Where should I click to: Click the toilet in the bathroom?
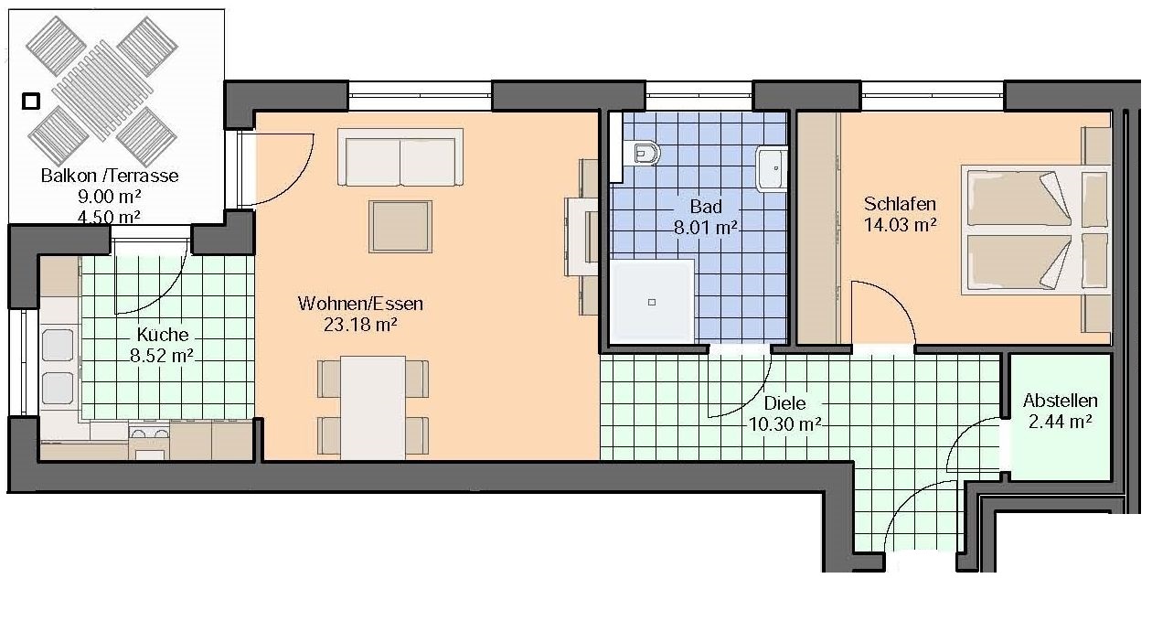(x=643, y=153)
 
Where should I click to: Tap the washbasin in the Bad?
(x=772, y=169)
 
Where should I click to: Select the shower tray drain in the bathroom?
(x=652, y=302)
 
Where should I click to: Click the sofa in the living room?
(x=400, y=157)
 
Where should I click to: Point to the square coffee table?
(x=400, y=227)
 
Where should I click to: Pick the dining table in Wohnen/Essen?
(x=373, y=407)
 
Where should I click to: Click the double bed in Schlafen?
(x=1036, y=230)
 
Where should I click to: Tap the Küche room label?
(x=163, y=335)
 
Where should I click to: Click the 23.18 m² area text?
(x=360, y=325)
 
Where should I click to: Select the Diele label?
(x=784, y=402)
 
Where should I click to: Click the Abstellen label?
(x=1060, y=401)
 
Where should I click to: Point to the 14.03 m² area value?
(x=900, y=225)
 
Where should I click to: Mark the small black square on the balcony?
(x=31, y=102)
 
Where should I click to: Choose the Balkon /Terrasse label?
(x=110, y=176)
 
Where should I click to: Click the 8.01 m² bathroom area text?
(x=706, y=227)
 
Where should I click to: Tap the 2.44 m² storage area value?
(x=1060, y=422)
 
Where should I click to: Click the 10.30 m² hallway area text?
(x=784, y=424)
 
